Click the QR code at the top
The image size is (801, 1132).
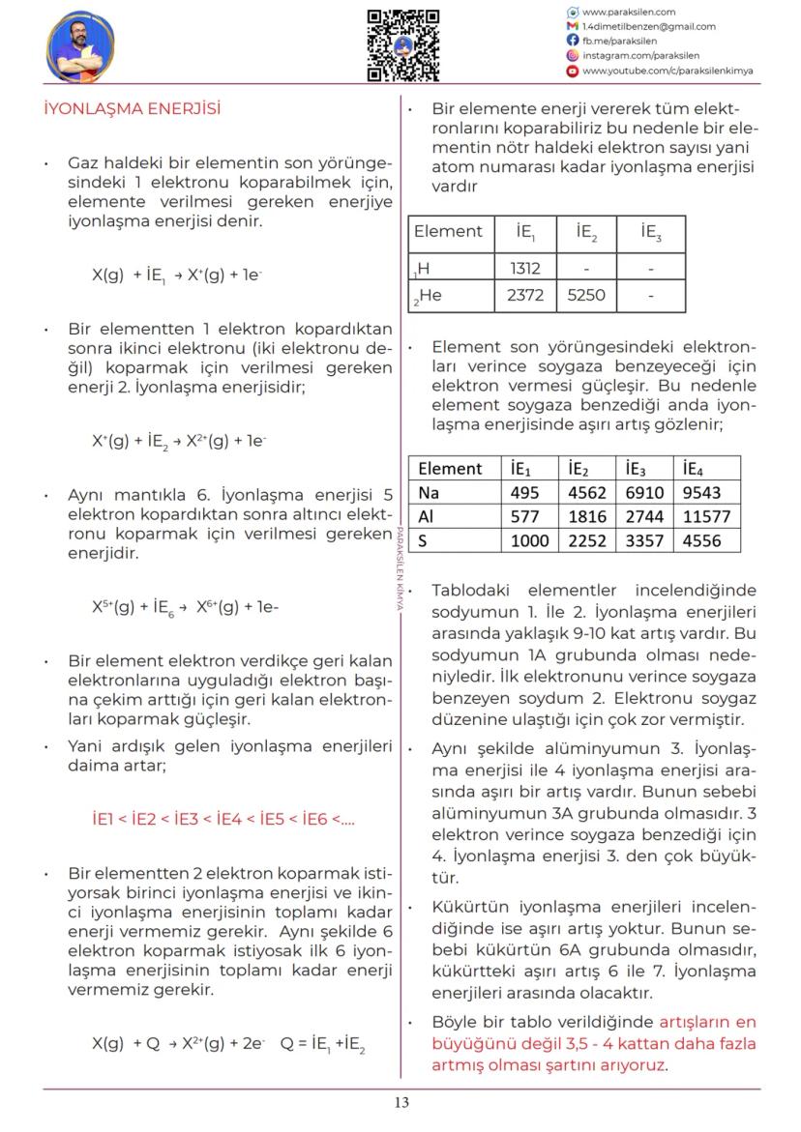[402, 44]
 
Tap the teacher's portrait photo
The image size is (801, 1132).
[80, 45]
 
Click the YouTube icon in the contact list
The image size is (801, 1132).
[573, 71]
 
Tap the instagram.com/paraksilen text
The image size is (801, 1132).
[639, 56]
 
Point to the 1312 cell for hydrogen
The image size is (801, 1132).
[524, 268]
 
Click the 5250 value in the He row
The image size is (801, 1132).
[586, 296]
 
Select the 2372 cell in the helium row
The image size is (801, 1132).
[524, 296]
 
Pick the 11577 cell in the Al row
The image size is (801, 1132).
[706, 516]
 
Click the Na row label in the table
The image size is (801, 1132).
[429, 492]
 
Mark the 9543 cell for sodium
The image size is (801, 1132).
[702, 492]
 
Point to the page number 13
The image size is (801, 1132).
[401, 1102]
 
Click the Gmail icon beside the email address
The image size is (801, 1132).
[573, 26]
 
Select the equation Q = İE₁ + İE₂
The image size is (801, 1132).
[322, 1044]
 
